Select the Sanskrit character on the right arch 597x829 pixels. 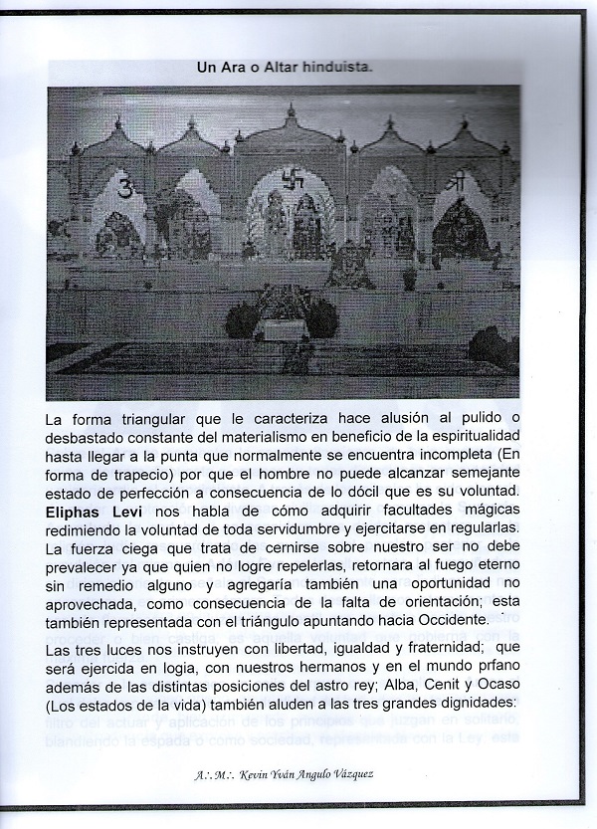[x=456, y=184]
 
